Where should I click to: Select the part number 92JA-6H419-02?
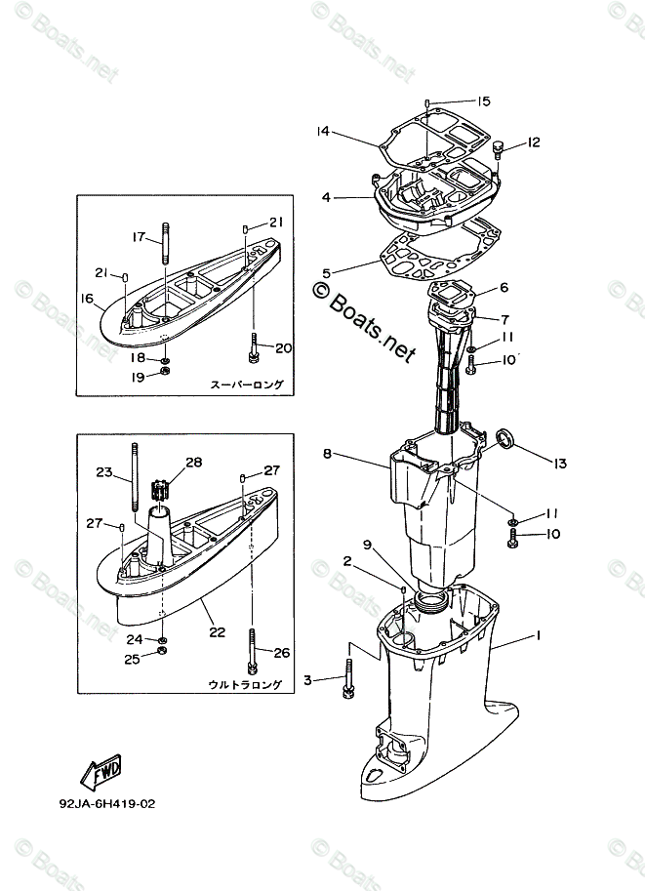pos(107,805)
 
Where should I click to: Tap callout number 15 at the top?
pos(483,101)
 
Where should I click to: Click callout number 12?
pos(533,142)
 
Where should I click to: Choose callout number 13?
pos(560,462)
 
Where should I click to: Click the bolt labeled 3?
pos(347,679)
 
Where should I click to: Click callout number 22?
pos(216,631)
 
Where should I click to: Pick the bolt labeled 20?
pos(254,346)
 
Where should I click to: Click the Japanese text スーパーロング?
pos(247,385)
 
